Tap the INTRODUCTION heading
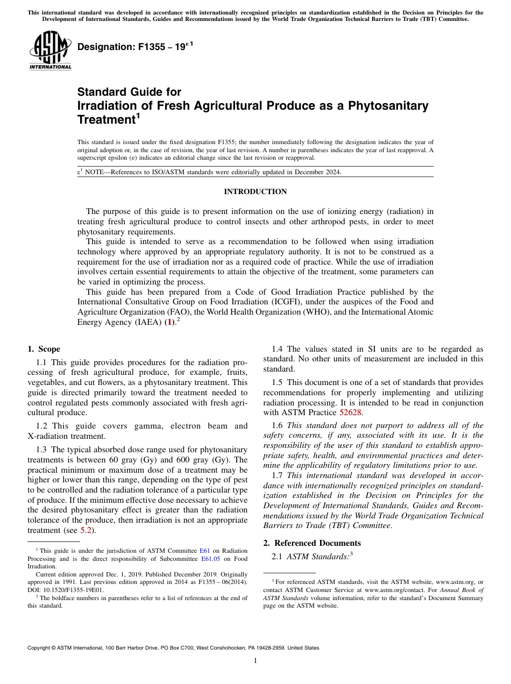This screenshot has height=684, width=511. pos(255,191)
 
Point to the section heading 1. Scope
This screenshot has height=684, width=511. pos(44,349)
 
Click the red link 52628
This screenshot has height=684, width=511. pos(351,412)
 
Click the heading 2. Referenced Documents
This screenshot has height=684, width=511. pos(312,543)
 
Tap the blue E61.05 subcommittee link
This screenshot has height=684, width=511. pos(210,558)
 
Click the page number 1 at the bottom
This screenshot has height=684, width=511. pos(255,660)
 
